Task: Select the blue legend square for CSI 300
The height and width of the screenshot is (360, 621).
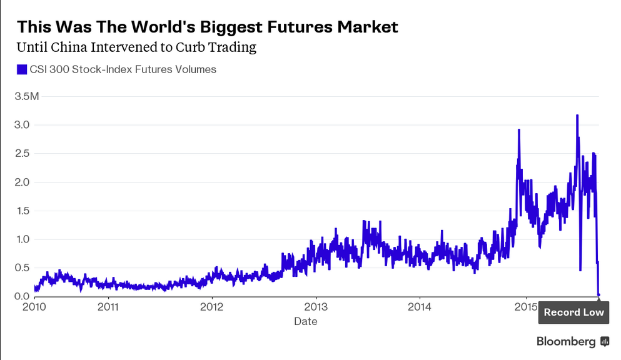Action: pyautogui.click(x=22, y=69)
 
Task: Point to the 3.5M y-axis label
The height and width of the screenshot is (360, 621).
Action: pyautogui.click(x=27, y=96)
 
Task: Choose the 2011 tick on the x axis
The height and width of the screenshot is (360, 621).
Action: pyautogui.click(x=108, y=308)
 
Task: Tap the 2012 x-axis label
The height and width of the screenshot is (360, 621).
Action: pyautogui.click(x=212, y=308)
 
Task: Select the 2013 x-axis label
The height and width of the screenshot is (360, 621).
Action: pyautogui.click(x=316, y=308)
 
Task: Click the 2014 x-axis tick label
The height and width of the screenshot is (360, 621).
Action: pyautogui.click(x=420, y=308)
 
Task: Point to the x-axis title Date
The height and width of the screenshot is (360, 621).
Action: pyautogui.click(x=306, y=322)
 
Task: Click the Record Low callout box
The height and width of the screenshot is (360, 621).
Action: pyautogui.click(x=573, y=312)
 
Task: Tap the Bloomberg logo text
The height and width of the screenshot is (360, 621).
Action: pyautogui.click(x=566, y=341)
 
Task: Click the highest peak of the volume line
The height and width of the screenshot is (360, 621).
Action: pyautogui.click(x=577, y=116)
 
